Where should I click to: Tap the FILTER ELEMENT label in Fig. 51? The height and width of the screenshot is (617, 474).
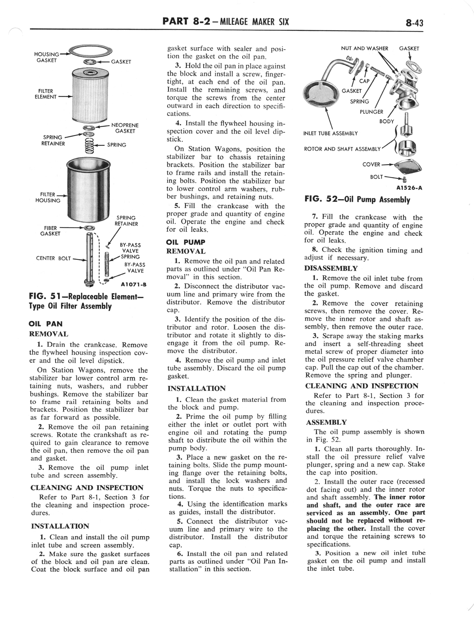pos(46,94)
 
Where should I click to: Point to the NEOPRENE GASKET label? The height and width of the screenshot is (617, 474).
pos(125,128)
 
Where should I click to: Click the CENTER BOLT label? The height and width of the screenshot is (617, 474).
pos(53,258)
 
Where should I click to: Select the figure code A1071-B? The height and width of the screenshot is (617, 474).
pos(133,285)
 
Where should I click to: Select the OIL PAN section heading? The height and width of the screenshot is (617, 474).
pos(46,324)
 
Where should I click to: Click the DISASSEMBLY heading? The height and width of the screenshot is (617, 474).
pos(331,268)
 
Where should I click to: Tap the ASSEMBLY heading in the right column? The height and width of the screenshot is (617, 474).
pos(326,422)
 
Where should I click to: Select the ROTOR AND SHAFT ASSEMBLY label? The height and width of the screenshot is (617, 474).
pos(342,149)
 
